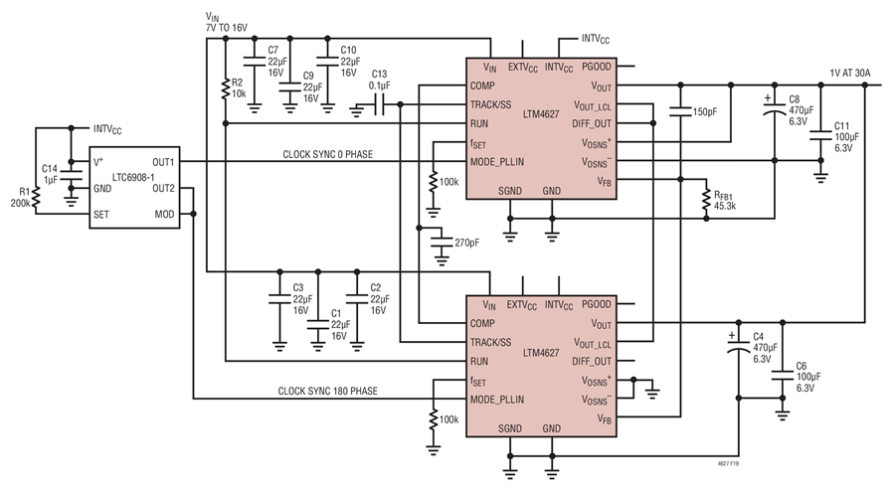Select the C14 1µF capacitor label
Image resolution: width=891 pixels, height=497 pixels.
[x=50, y=174]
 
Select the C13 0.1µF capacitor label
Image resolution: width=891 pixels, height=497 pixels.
[x=379, y=80]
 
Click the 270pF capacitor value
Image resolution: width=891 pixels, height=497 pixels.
[x=467, y=242]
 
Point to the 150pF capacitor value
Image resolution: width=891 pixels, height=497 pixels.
[x=706, y=112]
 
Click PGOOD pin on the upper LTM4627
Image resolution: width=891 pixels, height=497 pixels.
[x=598, y=68]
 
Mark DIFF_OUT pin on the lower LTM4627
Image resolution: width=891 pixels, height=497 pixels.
[x=592, y=362]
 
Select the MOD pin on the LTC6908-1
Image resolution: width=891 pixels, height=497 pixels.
[x=164, y=214]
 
